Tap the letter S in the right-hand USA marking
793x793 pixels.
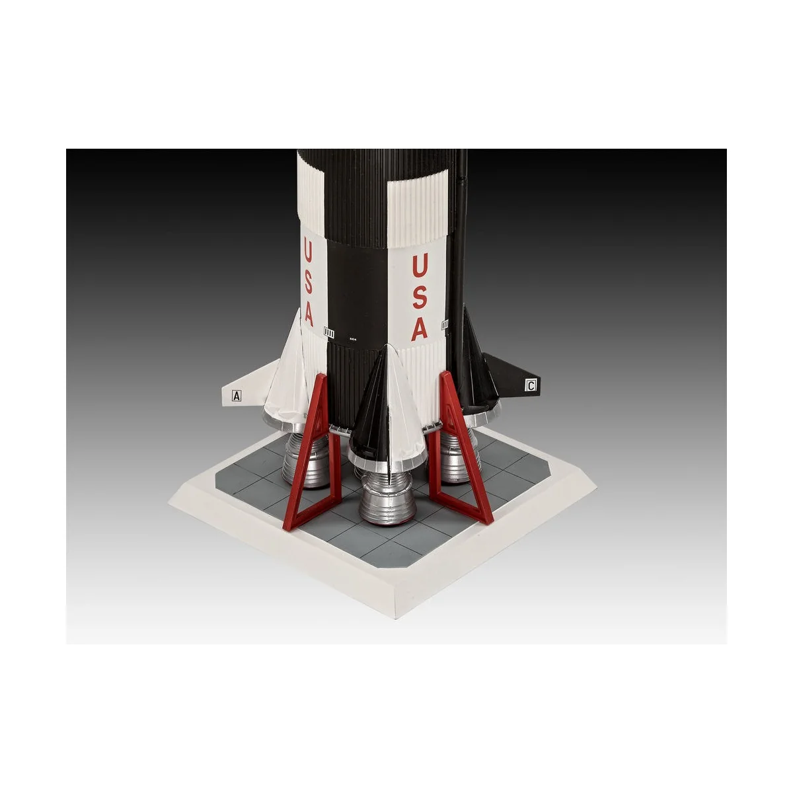tap(420, 297)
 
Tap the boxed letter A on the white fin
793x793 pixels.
tap(237, 397)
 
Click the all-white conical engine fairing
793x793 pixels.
tap(287, 377)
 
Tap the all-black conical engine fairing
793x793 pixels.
tap(476, 370)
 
